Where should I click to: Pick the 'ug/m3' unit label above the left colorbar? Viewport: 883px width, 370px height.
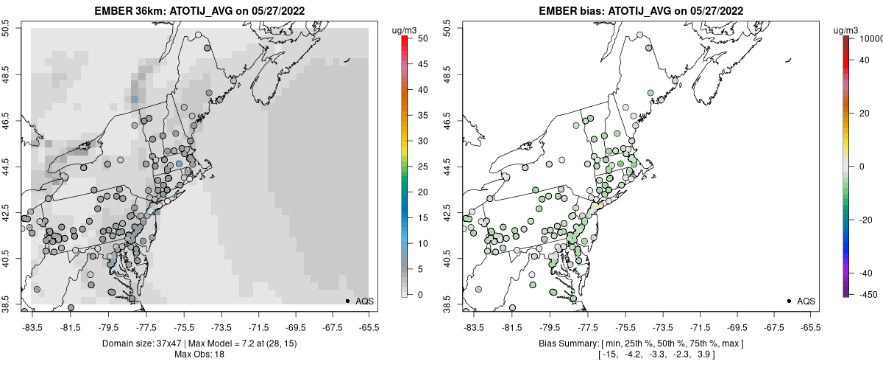point(406,29)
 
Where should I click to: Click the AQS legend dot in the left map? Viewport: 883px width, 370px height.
point(347,301)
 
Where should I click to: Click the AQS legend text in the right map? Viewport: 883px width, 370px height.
point(806,301)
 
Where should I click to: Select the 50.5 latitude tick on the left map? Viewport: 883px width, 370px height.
point(7,28)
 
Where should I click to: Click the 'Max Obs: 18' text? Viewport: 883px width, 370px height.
point(199,355)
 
